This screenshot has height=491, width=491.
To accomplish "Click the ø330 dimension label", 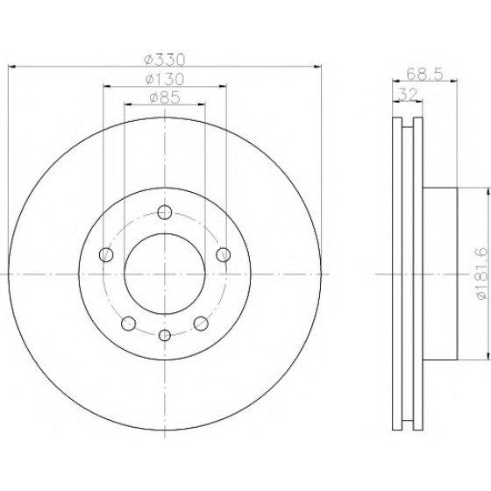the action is coord(165,60).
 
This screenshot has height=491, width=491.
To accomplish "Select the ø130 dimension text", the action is coord(165,79).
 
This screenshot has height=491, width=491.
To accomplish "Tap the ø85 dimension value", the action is coord(165,97).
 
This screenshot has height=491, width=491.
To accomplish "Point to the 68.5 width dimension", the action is coord(425,75).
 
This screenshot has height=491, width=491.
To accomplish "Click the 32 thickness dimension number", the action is coord(409,95).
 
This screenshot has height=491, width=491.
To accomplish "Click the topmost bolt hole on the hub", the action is coord(165,212).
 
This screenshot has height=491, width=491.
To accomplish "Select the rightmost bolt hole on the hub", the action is coord(224,254).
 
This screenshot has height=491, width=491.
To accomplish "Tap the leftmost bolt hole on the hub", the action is coord(106,254).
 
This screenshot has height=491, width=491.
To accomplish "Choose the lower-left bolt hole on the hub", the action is coord(128,324).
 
